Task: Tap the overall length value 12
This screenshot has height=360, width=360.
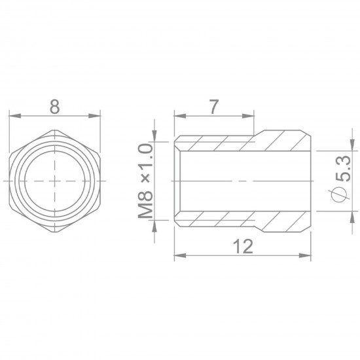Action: (x=243, y=247)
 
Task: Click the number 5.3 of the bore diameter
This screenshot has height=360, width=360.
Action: (x=341, y=169)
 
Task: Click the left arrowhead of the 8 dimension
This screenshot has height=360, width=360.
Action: (x=12, y=117)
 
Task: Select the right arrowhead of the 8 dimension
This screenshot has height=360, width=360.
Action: (x=99, y=117)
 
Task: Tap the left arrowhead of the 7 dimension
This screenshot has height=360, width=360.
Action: (x=178, y=117)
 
